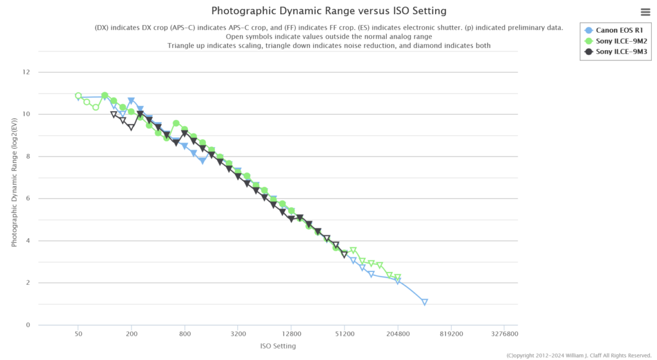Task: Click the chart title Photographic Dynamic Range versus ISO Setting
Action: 328,11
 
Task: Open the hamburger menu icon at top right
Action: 645,12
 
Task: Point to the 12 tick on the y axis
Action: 26,72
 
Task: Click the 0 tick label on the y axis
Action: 28,325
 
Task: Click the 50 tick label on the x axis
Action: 78,334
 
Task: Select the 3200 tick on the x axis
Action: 238,334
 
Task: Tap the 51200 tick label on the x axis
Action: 345,334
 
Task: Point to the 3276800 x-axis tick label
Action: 504,334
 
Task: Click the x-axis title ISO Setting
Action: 278,347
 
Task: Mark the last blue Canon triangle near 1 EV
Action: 425,302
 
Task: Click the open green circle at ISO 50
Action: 78,96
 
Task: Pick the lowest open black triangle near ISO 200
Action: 131,128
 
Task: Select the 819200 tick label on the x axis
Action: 451,334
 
